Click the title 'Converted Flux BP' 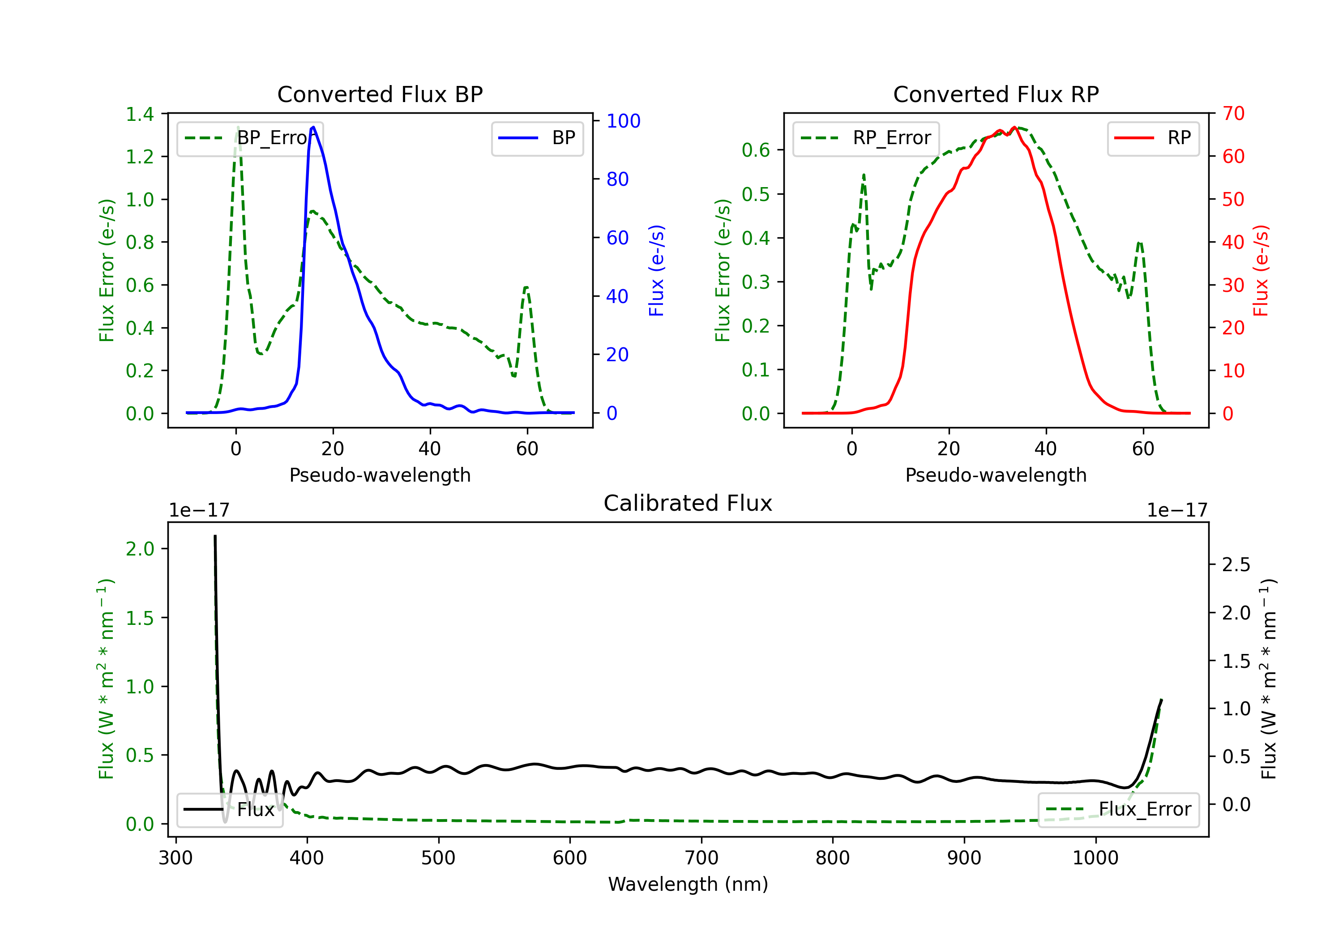tap(380, 94)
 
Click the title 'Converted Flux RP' tap(996, 94)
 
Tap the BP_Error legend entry tap(250, 138)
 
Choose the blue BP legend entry tap(537, 138)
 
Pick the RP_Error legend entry tap(866, 138)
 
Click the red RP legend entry tap(1153, 138)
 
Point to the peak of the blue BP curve tap(313, 127)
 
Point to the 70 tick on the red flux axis tap(1233, 114)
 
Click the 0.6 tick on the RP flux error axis tap(756, 150)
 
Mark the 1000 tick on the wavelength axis tap(1095, 858)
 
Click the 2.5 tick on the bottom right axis tap(1236, 564)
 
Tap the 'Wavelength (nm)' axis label tap(688, 884)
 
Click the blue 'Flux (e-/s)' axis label tap(656, 270)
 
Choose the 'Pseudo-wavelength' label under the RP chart tap(996, 475)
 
